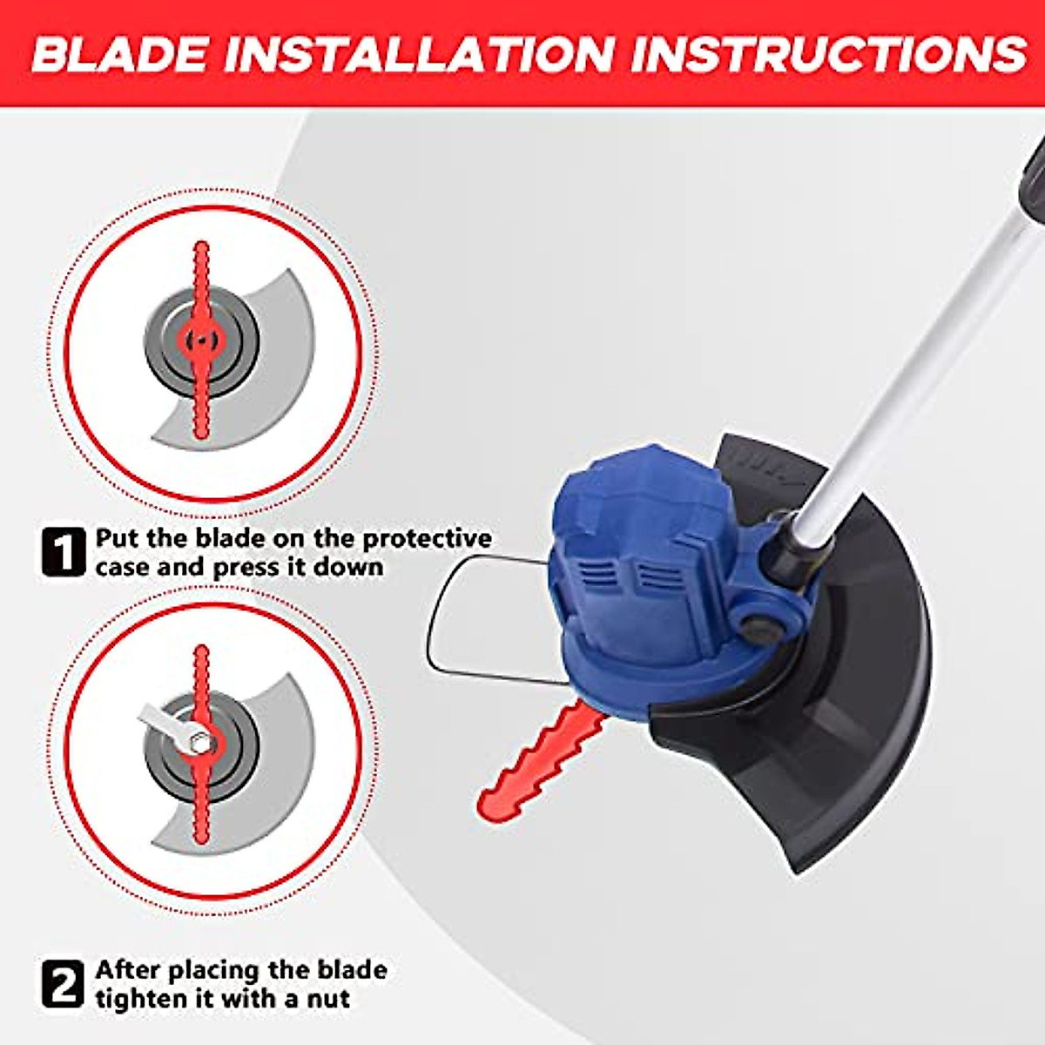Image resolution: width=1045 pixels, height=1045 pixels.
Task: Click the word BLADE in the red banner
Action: (x=121, y=54)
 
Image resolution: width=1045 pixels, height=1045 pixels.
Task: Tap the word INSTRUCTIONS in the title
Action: (x=828, y=54)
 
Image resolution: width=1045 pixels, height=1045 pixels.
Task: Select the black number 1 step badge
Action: (x=64, y=551)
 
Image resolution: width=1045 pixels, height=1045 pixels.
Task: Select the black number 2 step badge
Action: (x=64, y=983)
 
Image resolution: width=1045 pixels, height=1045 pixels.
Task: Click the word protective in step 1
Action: (x=427, y=539)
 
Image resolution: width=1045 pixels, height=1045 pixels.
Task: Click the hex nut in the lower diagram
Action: (x=201, y=743)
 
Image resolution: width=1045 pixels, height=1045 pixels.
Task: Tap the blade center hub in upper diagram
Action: (x=201, y=340)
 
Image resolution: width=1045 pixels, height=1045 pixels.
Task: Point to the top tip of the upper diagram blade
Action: (x=202, y=246)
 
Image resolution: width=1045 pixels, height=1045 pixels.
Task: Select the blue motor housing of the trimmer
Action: (x=644, y=557)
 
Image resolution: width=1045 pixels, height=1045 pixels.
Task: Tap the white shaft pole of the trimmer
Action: (x=923, y=366)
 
